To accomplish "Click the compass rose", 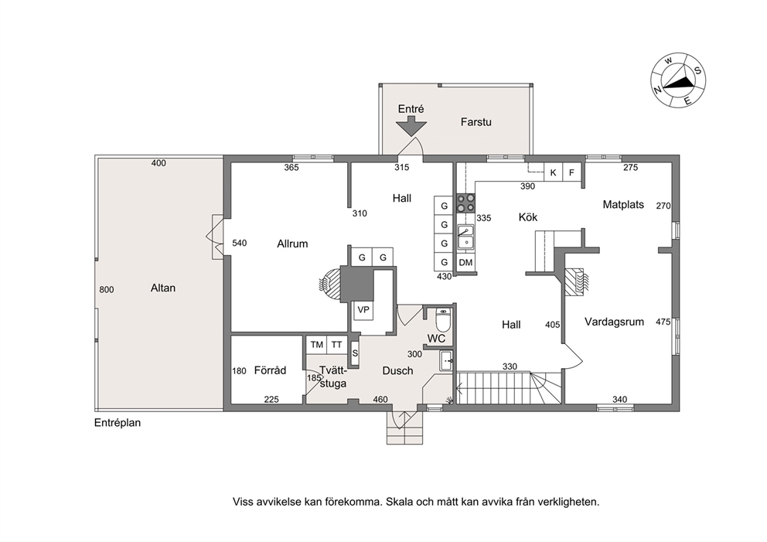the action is [678, 80].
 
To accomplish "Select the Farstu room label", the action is [476, 122].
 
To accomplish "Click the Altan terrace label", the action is [163, 288].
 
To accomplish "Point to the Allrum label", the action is [292, 244].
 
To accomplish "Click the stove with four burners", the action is [465, 203].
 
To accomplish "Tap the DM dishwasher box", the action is [465, 263].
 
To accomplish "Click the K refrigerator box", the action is [554, 172].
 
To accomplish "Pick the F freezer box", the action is [571, 172].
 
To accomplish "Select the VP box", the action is [363, 310].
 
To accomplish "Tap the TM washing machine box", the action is [316, 345].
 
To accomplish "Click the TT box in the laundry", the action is [336, 345].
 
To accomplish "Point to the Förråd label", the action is [270, 370].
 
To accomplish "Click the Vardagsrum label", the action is [615, 322].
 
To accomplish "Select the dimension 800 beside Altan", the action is [106, 290].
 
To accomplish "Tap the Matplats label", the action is [623, 204].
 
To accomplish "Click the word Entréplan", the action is [118, 423].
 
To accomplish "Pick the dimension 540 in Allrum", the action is [239, 243].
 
